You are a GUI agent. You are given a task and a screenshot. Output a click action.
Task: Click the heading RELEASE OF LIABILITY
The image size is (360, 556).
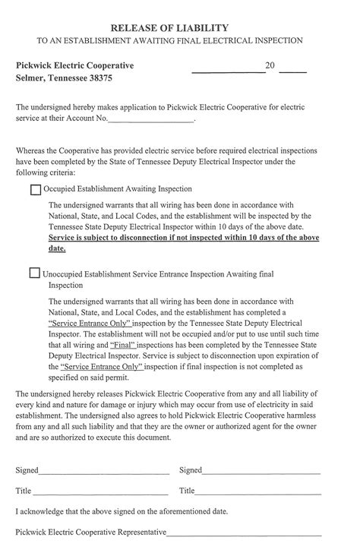(179, 27)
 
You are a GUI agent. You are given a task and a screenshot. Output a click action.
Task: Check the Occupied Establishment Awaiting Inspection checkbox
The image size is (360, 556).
(35, 189)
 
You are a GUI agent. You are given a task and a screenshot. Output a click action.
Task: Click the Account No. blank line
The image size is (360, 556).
(152, 120)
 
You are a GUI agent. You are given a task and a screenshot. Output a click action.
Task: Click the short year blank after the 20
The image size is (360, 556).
(293, 70)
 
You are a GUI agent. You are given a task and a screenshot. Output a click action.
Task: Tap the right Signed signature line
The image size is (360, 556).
(262, 472)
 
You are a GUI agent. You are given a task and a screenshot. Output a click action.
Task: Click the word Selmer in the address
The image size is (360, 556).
(30, 78)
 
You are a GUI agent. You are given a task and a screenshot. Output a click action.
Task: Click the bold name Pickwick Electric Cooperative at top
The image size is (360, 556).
(74, 66)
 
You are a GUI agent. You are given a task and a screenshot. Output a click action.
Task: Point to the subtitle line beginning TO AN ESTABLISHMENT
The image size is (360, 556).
(179, 40)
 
